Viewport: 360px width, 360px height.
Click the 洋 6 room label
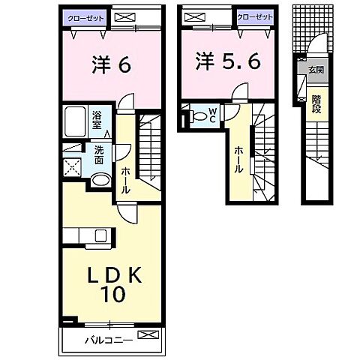[x=113, y=66]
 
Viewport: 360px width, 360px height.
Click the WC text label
[x=213, y=116]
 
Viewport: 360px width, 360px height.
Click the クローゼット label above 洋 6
[x=84, y=16]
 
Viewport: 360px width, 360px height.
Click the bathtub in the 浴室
[x=75, y=121]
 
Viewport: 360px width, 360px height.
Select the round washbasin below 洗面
[x=100, y=180]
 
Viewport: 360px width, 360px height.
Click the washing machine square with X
[x=74, y=168]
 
